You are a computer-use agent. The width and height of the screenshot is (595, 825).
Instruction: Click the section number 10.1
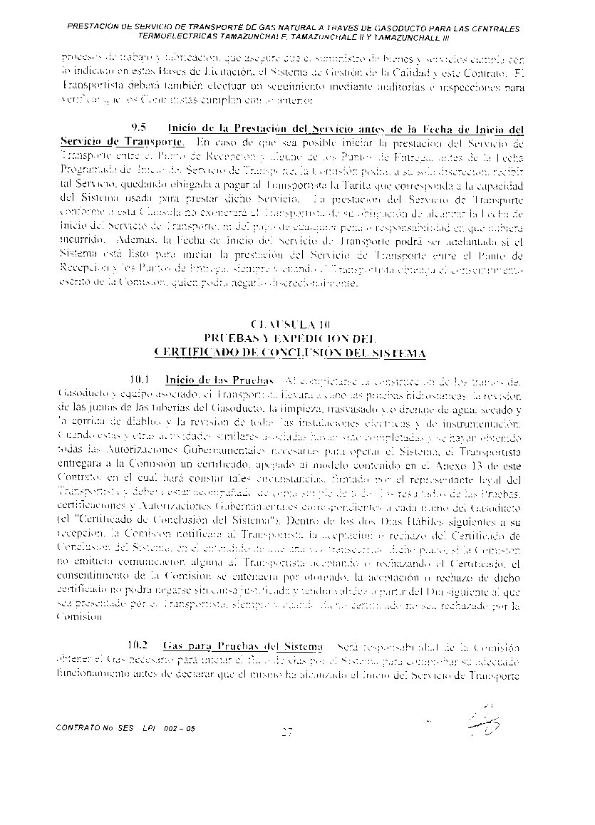(137, 379)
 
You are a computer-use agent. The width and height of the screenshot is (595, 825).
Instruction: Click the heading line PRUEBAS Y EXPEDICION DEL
(289, 339)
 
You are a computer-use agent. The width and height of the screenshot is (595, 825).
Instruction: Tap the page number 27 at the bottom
(288, 732)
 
